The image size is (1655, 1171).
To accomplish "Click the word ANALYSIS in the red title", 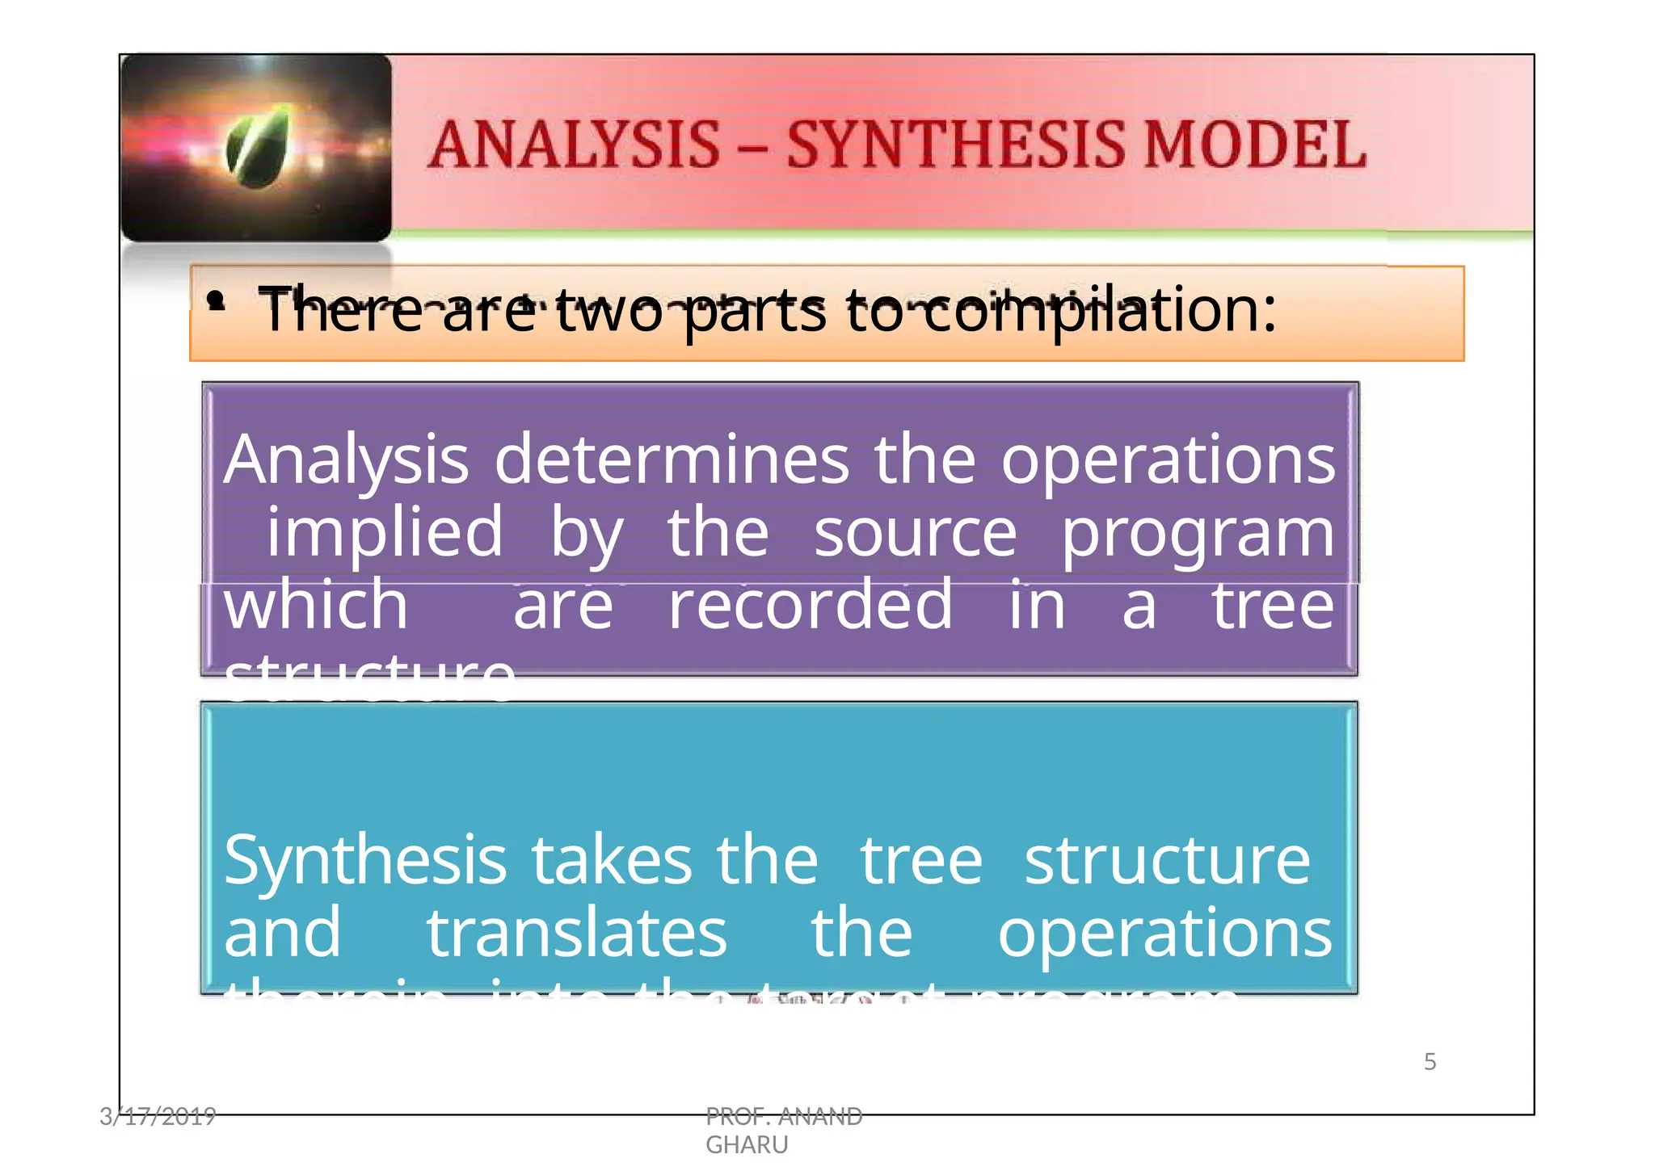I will (574, 145).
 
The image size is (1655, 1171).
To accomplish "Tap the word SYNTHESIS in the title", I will (954, 145).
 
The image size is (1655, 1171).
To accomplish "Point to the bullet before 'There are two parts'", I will (215, 301).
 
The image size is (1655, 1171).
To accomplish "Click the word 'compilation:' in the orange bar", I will (1100, 310).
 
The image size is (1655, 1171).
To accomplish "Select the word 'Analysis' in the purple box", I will (346, 460).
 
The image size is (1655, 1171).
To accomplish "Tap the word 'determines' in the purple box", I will (671, 460).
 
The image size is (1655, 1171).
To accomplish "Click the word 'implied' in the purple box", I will (385, 533).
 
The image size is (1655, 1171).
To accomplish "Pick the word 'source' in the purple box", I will (915, 533).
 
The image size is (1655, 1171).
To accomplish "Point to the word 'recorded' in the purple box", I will (811, 605).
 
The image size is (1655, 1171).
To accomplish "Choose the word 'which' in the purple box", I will (316, 605).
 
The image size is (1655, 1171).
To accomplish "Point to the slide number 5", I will (1430, 1061).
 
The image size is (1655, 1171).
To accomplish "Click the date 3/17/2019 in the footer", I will (158, 1116).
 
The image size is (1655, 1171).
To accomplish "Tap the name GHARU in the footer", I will (747, 1144).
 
